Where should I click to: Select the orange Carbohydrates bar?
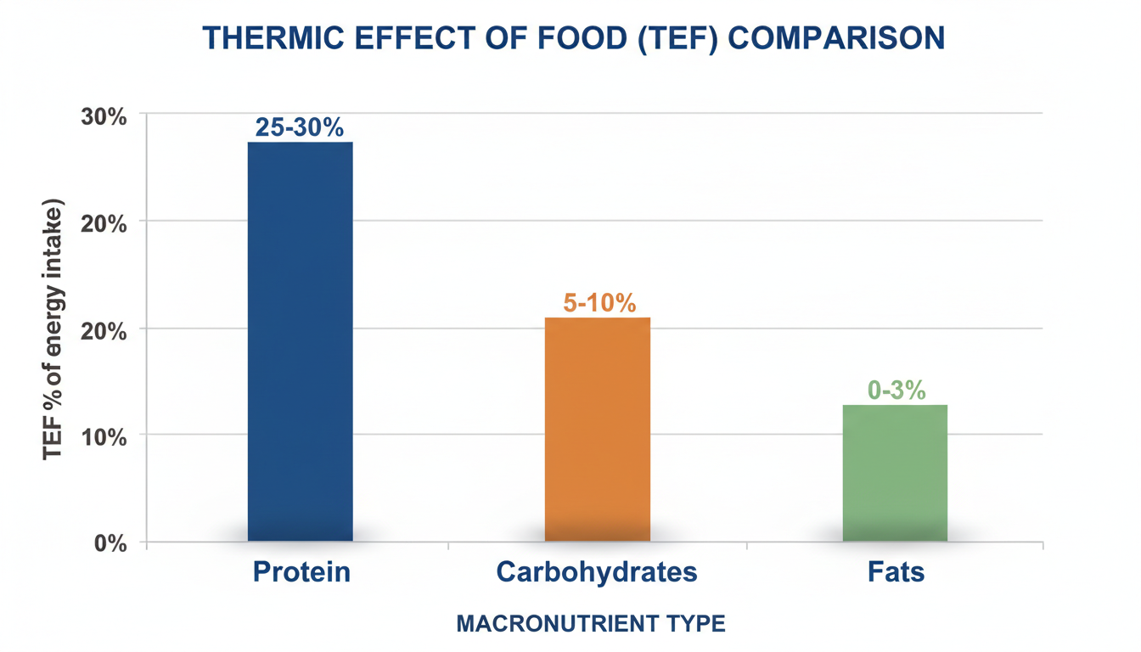click(x=597, y=429)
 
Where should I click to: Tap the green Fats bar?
click(x=895, y=473)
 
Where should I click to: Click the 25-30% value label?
click(x=300, y=128)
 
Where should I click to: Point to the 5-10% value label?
click(x=599, y=303)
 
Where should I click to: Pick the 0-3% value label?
click(x=896, y=391)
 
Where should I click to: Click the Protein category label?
click(x=301, y=571)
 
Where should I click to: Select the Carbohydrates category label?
click(x=597, y=571)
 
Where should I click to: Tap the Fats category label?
click(x=896, y=571)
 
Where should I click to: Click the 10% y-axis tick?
click(x=104, y=437)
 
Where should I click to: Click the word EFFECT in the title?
click(x=424, y=38)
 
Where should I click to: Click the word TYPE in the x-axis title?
click(x=695, y=624)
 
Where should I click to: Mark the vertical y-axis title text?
click(x=53, y=330)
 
